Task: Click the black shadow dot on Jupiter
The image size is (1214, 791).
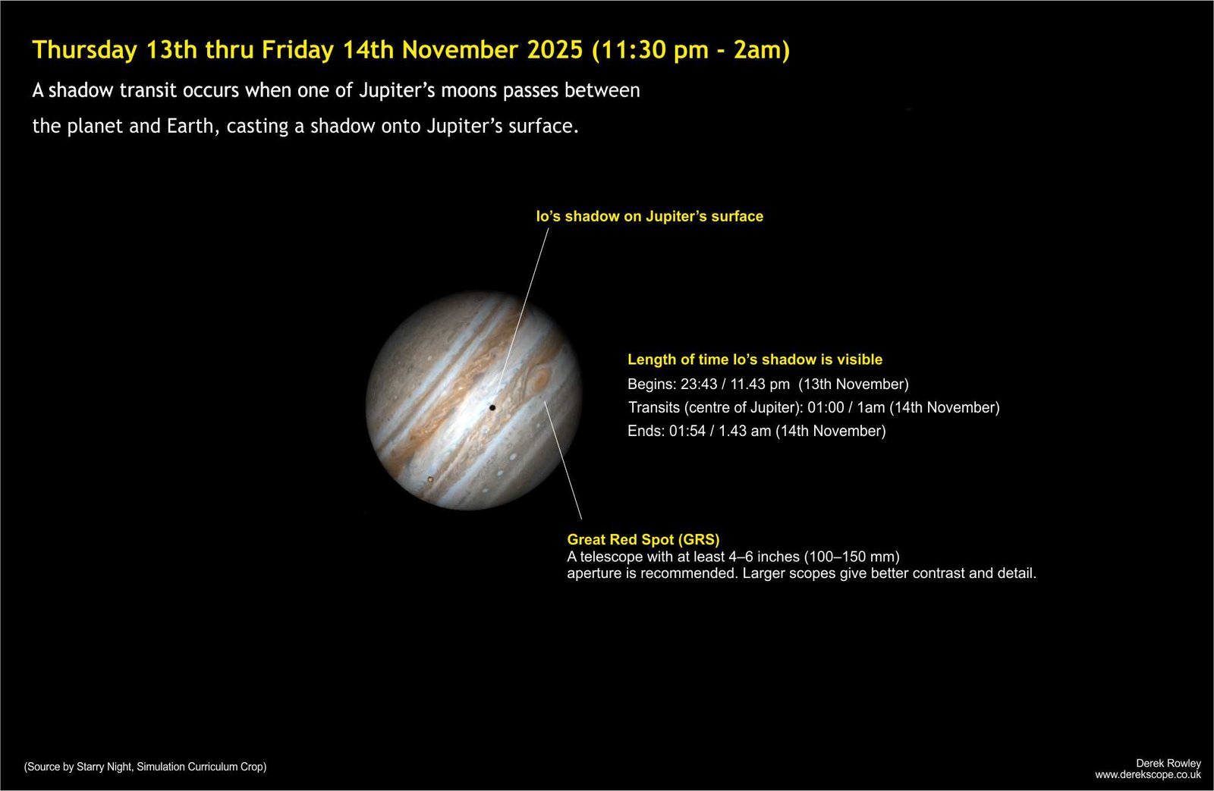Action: tap(492, 407)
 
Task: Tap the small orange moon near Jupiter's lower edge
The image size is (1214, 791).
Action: tap(430, 479)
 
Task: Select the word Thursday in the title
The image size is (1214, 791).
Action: tap(84, 50)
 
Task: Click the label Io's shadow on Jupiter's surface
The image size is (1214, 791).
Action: tap(649, 217)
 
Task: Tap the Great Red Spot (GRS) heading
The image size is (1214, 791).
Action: tap(643, 540)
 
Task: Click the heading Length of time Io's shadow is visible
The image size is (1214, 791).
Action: tap(755, 359)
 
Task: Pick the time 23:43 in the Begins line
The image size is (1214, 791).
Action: tap(699, 384)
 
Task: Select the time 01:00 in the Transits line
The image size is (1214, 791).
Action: tap(826, 407)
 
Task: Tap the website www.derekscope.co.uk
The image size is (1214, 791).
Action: tap(1148, 775)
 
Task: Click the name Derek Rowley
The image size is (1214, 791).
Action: tap(1168, 764)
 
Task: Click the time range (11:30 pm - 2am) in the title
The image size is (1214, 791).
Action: tap(691, 50)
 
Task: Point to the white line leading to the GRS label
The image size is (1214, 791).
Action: tap(563, 460)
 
